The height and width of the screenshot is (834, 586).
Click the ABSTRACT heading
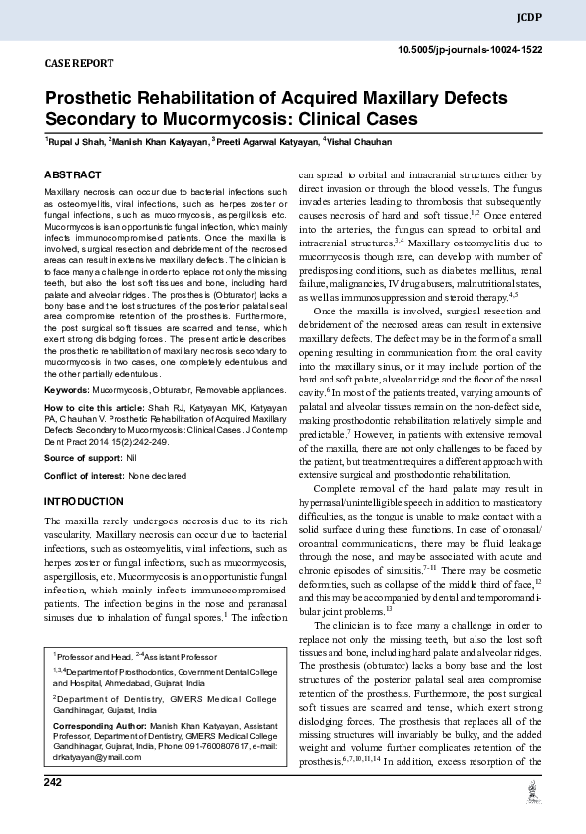73,174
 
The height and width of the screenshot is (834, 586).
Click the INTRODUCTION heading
85,501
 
